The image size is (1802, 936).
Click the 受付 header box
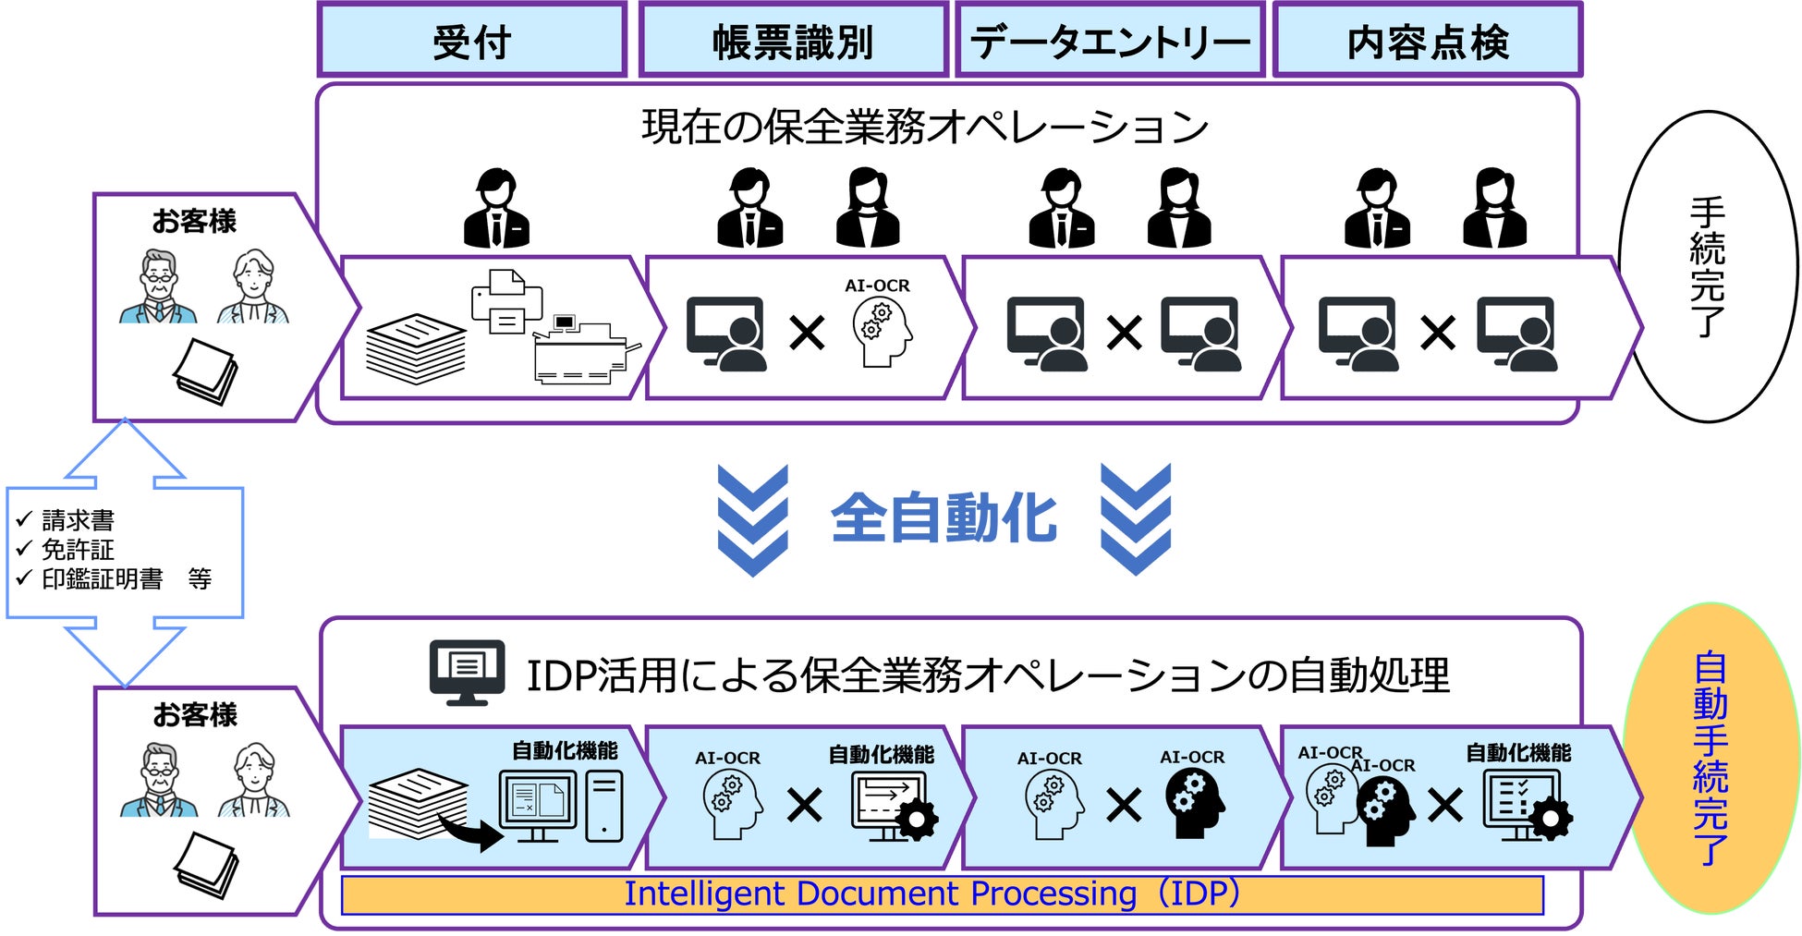click(472, 41)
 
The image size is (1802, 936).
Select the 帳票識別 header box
click(793, 41)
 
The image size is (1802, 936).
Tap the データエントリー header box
click(1110, 41)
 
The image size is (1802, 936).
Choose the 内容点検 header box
click(1427, 41)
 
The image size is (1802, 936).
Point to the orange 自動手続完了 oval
click(1711, 758)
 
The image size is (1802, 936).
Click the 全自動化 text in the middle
click(944, 518)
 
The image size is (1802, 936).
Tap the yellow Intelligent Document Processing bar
click(942, 894)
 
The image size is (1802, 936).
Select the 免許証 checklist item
click(78, 550)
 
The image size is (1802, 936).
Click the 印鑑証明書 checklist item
click(102, 579)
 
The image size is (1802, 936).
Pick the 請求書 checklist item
click(78, 520)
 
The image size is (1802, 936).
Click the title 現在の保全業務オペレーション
click(925, 127)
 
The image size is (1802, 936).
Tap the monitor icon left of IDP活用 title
click(467, 672)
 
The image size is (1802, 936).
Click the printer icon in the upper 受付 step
click(505, 301)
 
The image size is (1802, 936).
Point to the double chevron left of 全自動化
click(753, 520)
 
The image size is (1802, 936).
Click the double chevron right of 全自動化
click(1136, 520)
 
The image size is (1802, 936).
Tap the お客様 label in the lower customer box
click(195, 714)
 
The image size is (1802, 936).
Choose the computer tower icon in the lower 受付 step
click(604, 806)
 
